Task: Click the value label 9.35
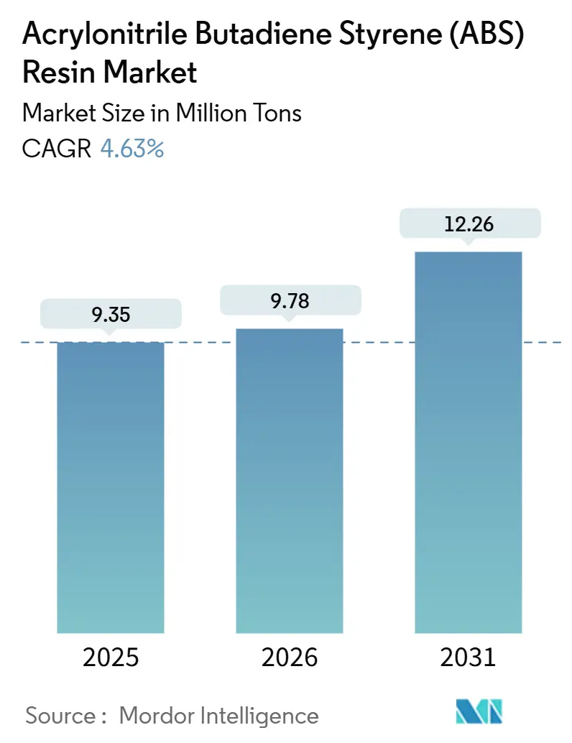point(111,314)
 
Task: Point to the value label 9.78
point(290,300)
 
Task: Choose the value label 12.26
point(468,223)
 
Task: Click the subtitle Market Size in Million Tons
point(162,113)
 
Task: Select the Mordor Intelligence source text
point(218,715)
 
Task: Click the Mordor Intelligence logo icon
point(479,711)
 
